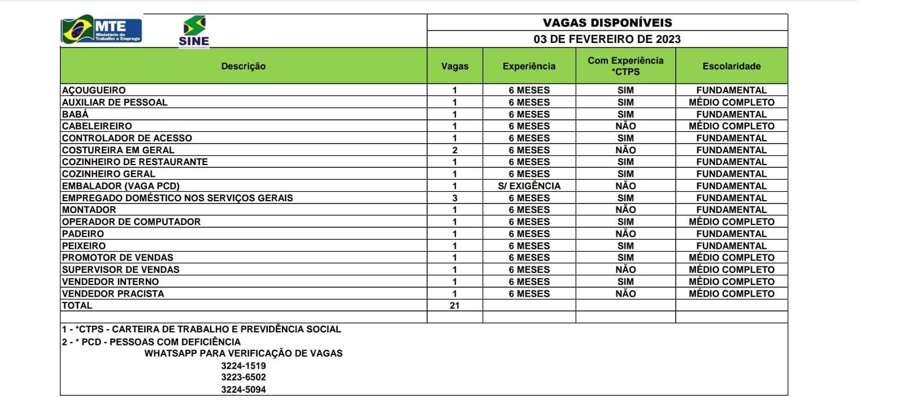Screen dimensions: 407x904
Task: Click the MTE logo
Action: pyautogui.click(x=102, y=29)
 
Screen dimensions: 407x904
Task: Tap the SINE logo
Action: pyautogui.click(x=194, y=32)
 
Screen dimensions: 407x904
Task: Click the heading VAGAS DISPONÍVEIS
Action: pyautogui.click(x=607, y=23)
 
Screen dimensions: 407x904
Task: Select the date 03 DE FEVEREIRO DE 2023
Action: pyautogui.click(x=607, y=39)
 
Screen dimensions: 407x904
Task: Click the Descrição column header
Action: pyautogui.click(x=244, y=66)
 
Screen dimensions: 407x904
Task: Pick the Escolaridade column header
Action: pyautogui.click(x=732, y=66)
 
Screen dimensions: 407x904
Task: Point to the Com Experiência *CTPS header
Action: pyautogui.click(x=625, y=66)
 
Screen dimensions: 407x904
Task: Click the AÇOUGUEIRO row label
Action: pyautogui.click(x=94, y=90)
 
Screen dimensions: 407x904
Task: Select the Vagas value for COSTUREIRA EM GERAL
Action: pyautogui.click(x=455, y=150)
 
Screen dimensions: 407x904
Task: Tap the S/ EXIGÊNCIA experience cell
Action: pyautogui.click(x=529, y=186)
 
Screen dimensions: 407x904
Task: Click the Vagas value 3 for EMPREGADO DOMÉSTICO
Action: pyautogui.click(x=455, y=198)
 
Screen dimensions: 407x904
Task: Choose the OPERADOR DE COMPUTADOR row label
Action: pyautogui.click(x=131, y=222)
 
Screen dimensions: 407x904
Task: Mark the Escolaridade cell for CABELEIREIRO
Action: pyautogui.click(x=732, y=126)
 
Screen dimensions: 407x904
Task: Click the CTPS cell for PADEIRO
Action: pyautogui.click(x=625, y=234)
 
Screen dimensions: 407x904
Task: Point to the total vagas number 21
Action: pyautogui.click(x=455, y=306)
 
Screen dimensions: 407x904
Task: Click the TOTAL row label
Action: pyautogui.click(x=77, y=306)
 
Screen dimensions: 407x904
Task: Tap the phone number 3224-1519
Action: pyautogui.click(x=244, y=366)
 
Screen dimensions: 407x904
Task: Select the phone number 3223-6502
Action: pyautogui.click(x=244, y=378)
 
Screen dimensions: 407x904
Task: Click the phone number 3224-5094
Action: pyautogui.click(x=244, y=389)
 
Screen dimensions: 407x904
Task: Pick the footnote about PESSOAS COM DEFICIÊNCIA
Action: pyautogui.click(x=151, y=342)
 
